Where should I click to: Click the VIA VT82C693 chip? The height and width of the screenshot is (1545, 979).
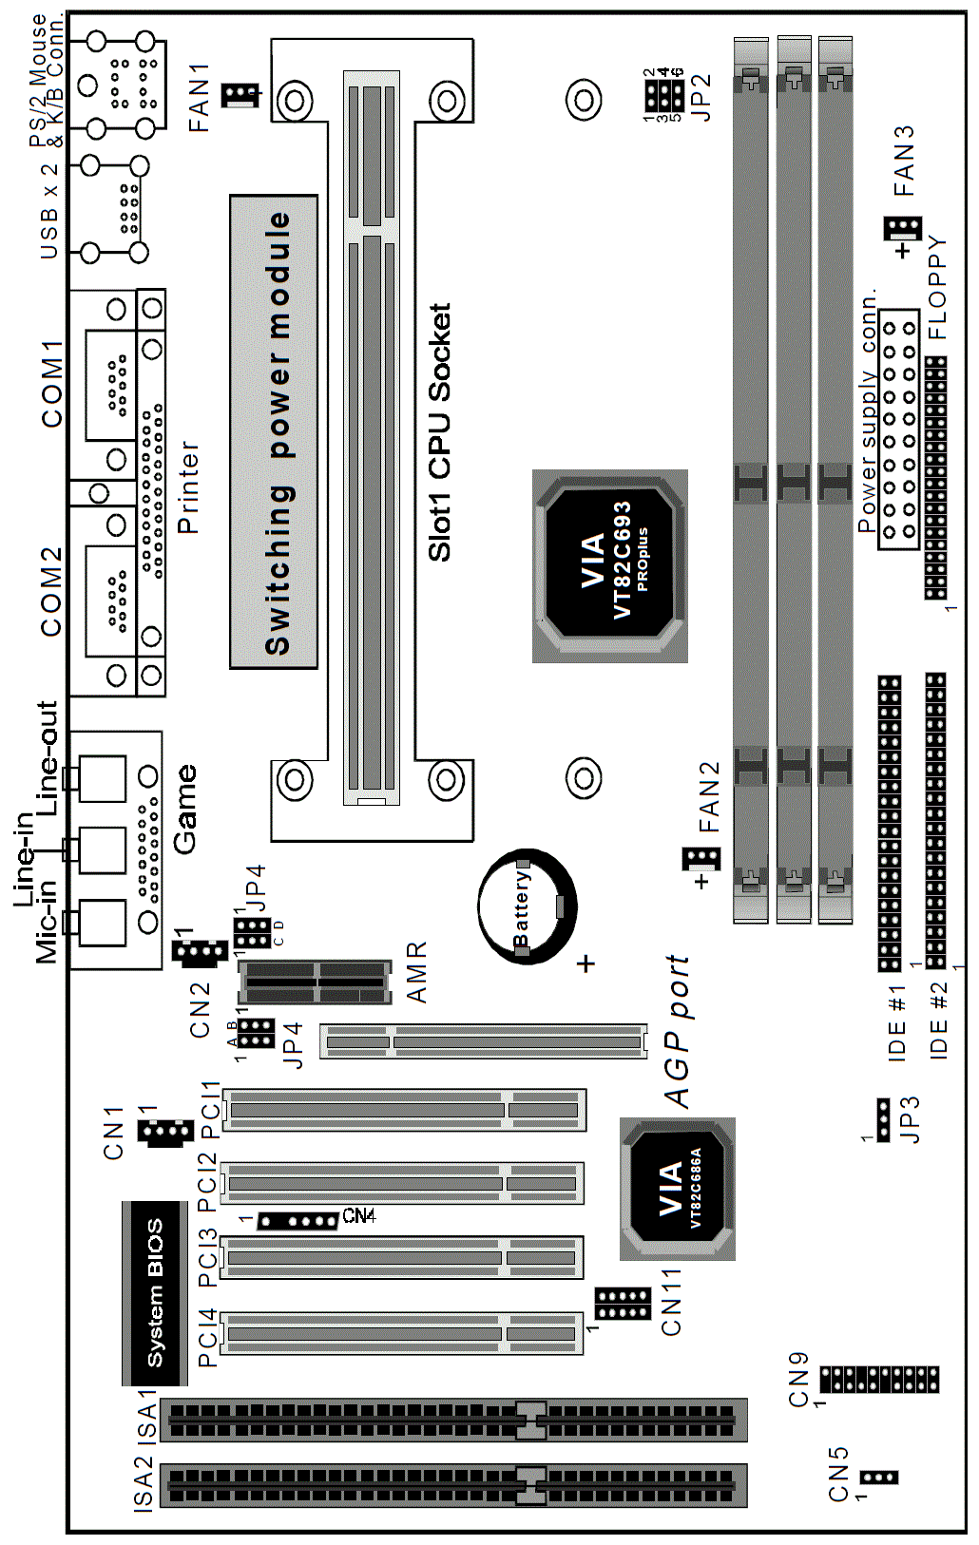coord(610,566)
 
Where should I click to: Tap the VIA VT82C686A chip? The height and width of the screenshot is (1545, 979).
coord(678,1189)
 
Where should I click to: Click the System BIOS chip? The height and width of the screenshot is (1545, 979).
coord(155,1292)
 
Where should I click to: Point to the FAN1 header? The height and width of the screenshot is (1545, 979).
coord(240,94)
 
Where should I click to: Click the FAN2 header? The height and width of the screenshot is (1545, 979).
coord(701,859)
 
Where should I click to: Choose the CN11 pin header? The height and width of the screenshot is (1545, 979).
coord(623,1304)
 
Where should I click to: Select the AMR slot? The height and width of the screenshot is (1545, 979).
coord(315,982)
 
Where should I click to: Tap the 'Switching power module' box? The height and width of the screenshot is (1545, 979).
coord(274,431)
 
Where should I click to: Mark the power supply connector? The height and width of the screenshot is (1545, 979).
coord(899,429)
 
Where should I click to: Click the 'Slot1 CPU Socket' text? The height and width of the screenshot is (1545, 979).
coord(439,432)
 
